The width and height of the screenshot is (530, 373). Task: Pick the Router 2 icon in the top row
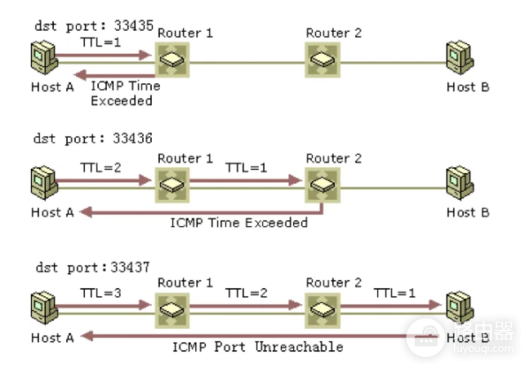322,60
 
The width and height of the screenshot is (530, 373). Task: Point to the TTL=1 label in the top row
99,42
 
